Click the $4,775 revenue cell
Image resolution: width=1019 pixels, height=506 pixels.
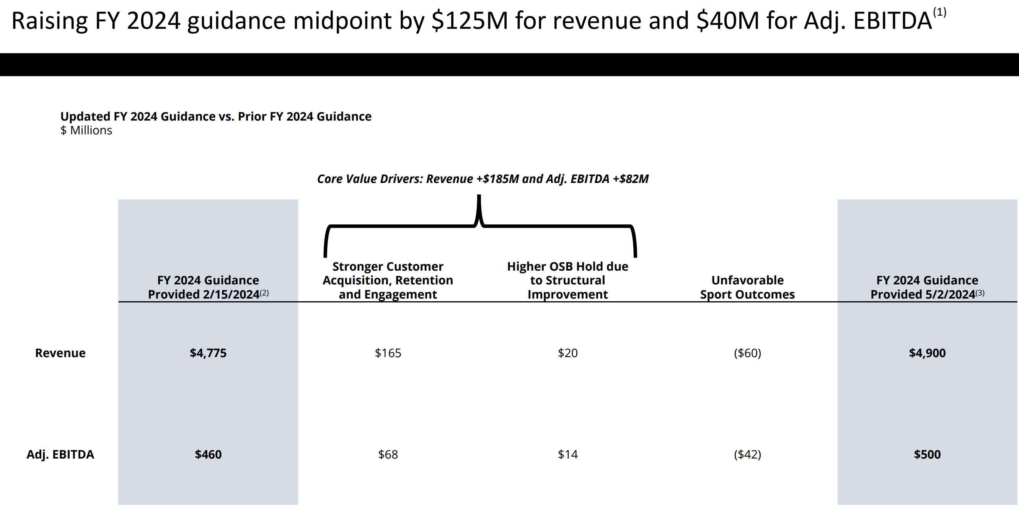click(208, 353)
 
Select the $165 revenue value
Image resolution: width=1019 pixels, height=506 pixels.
click(388, 353)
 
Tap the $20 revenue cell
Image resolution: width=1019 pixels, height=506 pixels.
click(567, 353)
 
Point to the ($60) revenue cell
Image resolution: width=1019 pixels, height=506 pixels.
click(747, 353)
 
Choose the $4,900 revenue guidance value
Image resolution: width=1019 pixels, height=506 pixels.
click(927, 353)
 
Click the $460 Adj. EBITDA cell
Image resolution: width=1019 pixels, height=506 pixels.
click(208, 454)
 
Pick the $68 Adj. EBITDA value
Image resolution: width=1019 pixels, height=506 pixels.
click(388, 454)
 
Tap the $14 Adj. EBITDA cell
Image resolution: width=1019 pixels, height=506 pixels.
click(567, 454)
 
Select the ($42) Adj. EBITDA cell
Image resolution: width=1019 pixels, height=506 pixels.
click(747, 454)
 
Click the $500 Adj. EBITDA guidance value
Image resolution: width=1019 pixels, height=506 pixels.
click(927, 454)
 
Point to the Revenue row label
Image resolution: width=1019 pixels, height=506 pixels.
click(60, 353)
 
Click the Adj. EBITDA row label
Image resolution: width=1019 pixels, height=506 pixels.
click(60, 454)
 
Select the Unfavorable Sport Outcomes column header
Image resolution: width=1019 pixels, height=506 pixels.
click(747, 287)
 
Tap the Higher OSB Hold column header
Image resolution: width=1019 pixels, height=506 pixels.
click(567, 280)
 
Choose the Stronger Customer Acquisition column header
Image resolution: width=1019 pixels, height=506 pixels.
click(388, 280)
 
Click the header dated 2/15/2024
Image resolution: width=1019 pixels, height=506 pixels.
click(208, 287)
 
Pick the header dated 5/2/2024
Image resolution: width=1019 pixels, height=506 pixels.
click(927, 287)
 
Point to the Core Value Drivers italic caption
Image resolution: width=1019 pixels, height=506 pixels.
click(483, 179)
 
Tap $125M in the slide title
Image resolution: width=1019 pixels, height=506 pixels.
click(470, 21)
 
